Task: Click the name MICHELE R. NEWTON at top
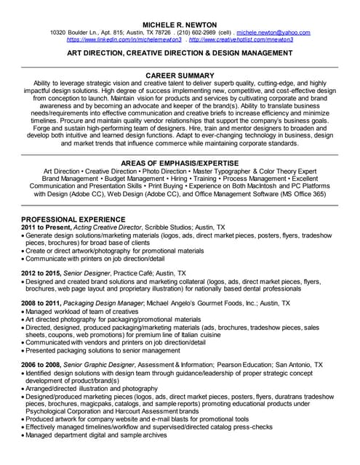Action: (x=180, y=23)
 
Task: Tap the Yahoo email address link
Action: (x=273, y=33)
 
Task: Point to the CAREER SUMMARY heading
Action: (x=180, y=75)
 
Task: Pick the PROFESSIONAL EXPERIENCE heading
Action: (x=71, y=219)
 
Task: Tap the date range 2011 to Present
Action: (x=43, y=227)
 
